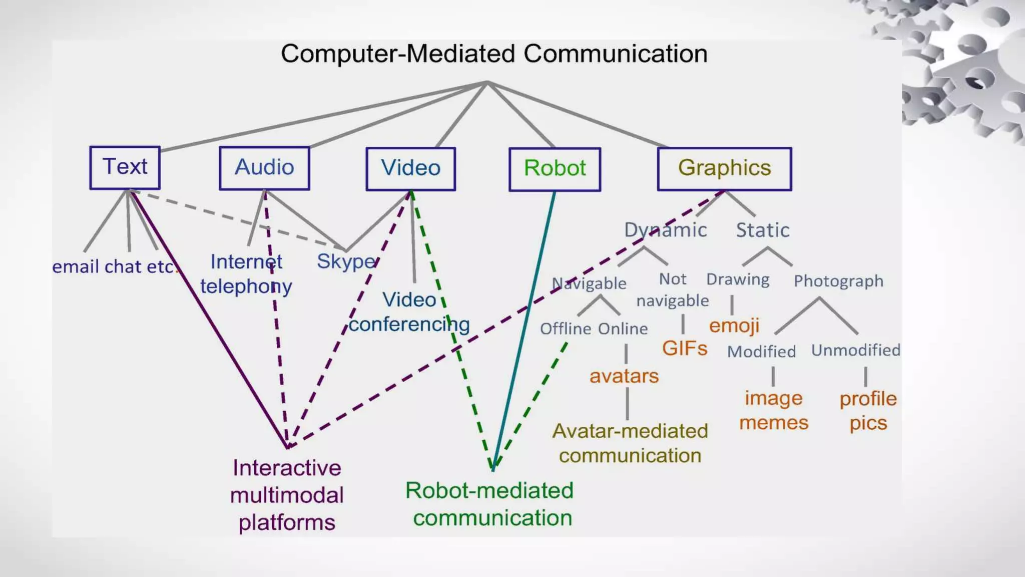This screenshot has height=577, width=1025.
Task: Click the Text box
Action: [125, 167]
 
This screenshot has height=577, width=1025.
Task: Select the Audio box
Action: [264, 168]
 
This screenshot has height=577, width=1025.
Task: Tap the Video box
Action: [410, 168]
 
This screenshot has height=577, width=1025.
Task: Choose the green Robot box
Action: [555, 169]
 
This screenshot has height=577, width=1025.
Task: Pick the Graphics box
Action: [724, 168]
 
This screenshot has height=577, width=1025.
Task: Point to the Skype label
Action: [346, 261]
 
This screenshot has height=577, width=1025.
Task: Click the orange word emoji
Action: [734, 326]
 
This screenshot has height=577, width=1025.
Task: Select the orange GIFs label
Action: [684, 348]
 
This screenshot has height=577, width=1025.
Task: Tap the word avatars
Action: [624, 376]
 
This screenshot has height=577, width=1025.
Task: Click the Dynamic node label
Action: [665, 230]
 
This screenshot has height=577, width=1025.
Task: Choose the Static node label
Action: [762, 230]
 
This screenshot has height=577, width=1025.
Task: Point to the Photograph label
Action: [838, 281]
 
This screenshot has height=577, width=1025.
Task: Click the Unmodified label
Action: [855, 350]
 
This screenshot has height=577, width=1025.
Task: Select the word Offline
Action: [566, 329]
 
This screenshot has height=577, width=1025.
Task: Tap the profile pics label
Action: [868, 411]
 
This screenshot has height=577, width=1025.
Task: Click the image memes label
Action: [773, 410]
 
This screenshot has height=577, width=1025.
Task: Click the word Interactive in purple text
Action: [287, 468]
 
